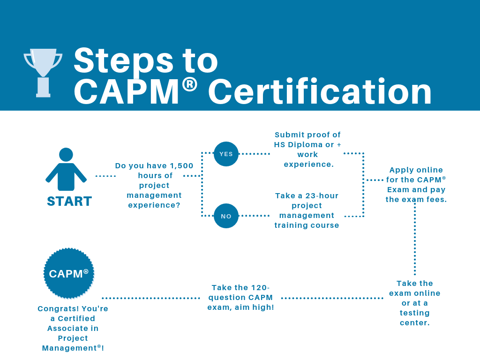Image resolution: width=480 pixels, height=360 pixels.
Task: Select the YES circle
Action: pos(226,154)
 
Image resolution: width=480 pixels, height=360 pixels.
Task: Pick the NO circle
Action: pos(226,216)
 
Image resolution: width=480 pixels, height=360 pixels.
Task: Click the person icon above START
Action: pos(66,169)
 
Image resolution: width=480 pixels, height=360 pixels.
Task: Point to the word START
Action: pos(69,201)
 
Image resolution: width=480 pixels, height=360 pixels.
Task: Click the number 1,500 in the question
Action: pos(181,165)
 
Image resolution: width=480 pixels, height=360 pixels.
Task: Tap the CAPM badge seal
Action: pos(69,273)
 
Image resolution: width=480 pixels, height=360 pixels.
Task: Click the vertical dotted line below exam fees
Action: pos(415,239)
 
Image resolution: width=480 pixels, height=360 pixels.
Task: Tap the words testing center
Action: pos(415,318)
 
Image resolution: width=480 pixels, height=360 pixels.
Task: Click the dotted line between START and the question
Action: pos(105,176)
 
